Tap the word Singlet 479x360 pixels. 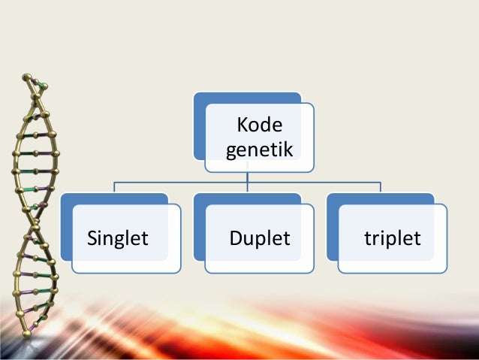(x=118, y=239)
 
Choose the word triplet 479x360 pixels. (x=392, y=239)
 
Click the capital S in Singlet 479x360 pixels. (x=92, y=239)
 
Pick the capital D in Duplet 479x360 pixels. (x=235, y=239)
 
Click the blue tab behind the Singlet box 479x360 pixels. (x=113, y=198)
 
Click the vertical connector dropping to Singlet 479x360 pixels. (x=115, y=187)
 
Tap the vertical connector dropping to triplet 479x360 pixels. (x=380, y=187)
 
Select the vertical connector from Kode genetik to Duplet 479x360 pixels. (x=248, y=180)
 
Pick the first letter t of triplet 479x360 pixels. (x=367, y=239)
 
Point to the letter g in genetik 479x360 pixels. (x=230, y=153)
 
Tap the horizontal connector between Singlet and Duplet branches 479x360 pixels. (x=181, y=182)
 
